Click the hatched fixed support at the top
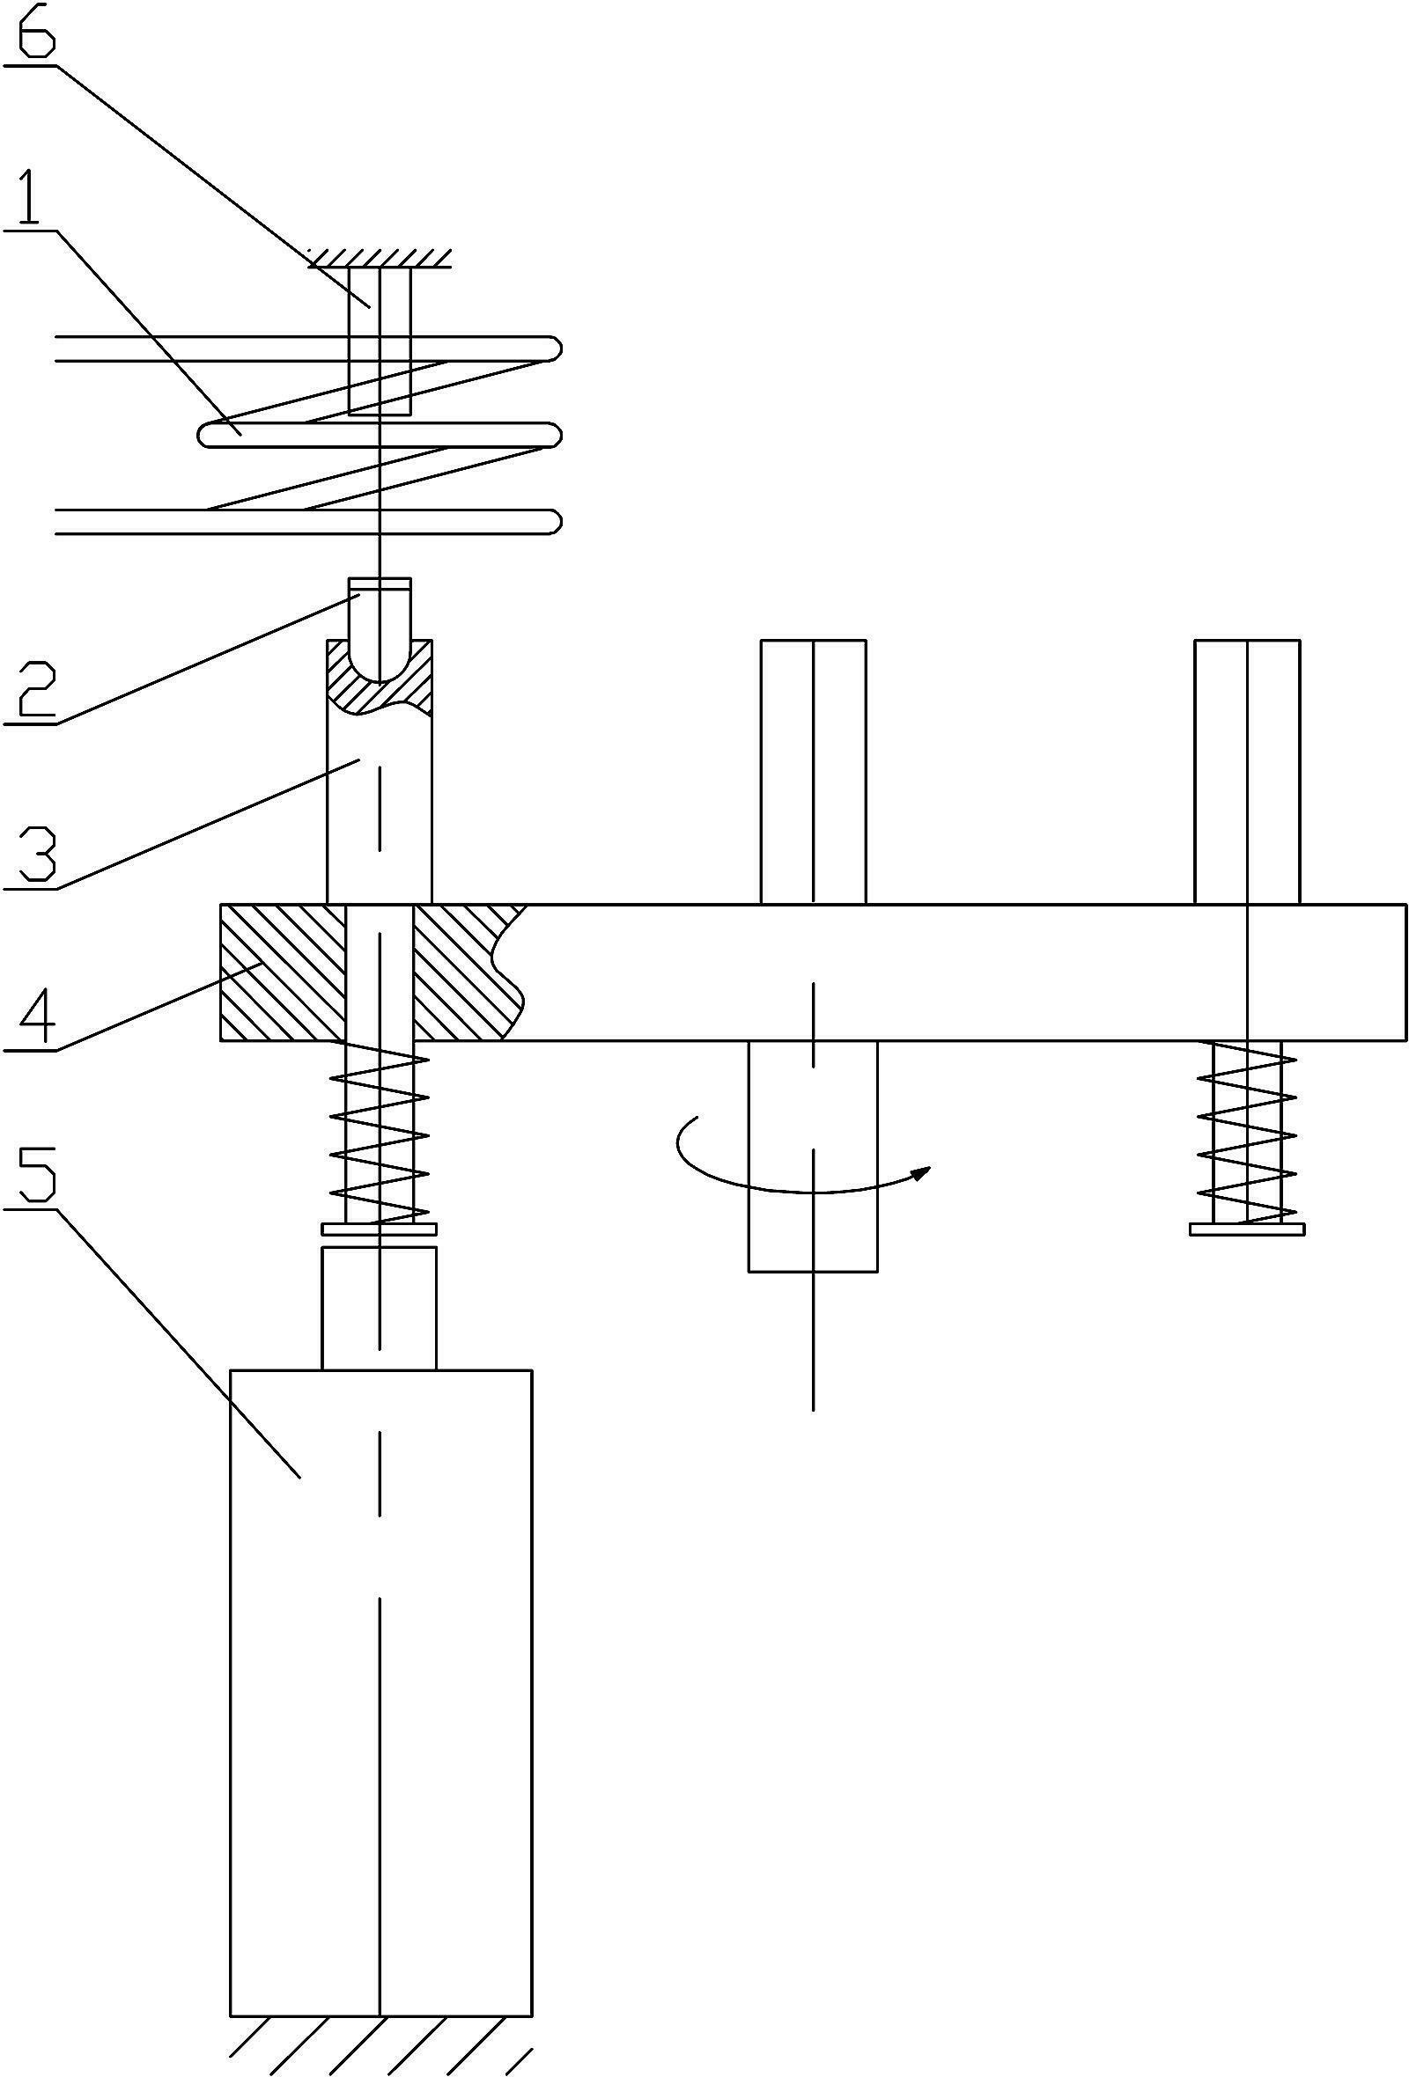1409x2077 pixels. [380, 257]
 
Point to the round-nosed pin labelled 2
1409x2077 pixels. [380, 629]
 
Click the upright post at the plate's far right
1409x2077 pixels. [1247, 772]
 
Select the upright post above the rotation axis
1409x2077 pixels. [813, 772]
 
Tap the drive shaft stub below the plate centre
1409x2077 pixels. [813, 1156]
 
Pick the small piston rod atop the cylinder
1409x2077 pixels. [380, 1309]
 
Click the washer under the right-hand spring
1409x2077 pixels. [1247, 1229]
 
